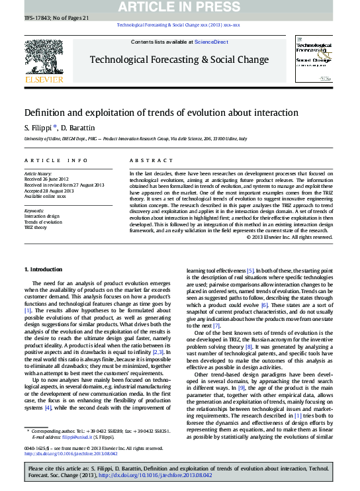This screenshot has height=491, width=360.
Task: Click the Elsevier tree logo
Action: [x=44, y=61]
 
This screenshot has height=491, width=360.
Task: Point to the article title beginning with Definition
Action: [x=161, y=113]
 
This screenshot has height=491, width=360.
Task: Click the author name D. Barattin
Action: [x=80, y=126]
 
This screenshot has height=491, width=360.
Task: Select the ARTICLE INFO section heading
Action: [x=56, y=161]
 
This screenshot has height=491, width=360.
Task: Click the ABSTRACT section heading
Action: [x=146, y=161]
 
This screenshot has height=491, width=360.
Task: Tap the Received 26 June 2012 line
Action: [x=46, y=178]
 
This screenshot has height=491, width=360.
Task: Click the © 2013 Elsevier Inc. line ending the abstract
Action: [x=289, y=236]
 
